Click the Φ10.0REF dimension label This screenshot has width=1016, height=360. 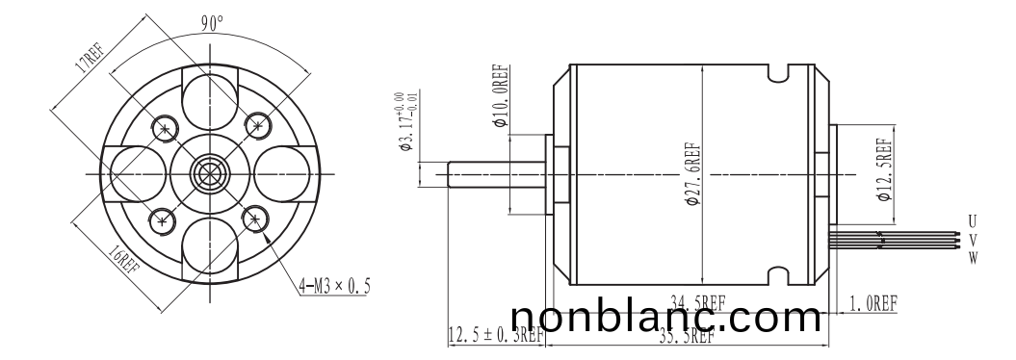[500, 96]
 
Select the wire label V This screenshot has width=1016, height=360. [972, 240]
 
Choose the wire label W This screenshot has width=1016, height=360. [972, 257]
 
